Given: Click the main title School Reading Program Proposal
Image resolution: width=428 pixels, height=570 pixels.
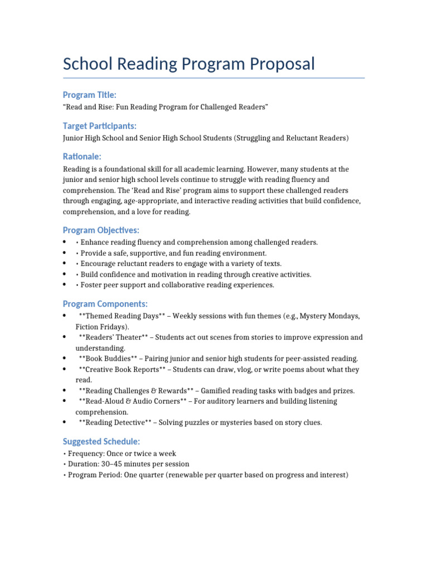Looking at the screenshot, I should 189,64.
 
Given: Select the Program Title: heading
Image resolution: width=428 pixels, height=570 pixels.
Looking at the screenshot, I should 90,95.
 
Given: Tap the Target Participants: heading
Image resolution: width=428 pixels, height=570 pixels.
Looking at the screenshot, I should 100,126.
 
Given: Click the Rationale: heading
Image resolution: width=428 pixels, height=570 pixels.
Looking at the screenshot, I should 82,157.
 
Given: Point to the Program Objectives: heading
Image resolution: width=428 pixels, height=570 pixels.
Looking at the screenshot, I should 101,230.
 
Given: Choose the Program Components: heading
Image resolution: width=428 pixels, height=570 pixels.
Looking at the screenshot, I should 105,303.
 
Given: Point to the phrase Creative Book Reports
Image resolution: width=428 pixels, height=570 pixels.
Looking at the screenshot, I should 122,369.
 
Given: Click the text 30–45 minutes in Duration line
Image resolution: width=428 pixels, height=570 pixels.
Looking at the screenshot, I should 125,464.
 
